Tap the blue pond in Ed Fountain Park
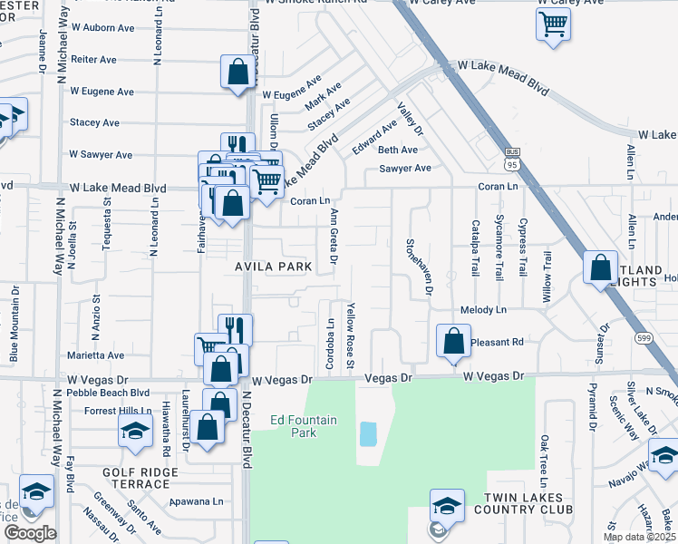[367, 433]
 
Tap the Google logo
[29, 534]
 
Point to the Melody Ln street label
[483, 310]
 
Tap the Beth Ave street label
[398, 150]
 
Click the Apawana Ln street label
[197, 500]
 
